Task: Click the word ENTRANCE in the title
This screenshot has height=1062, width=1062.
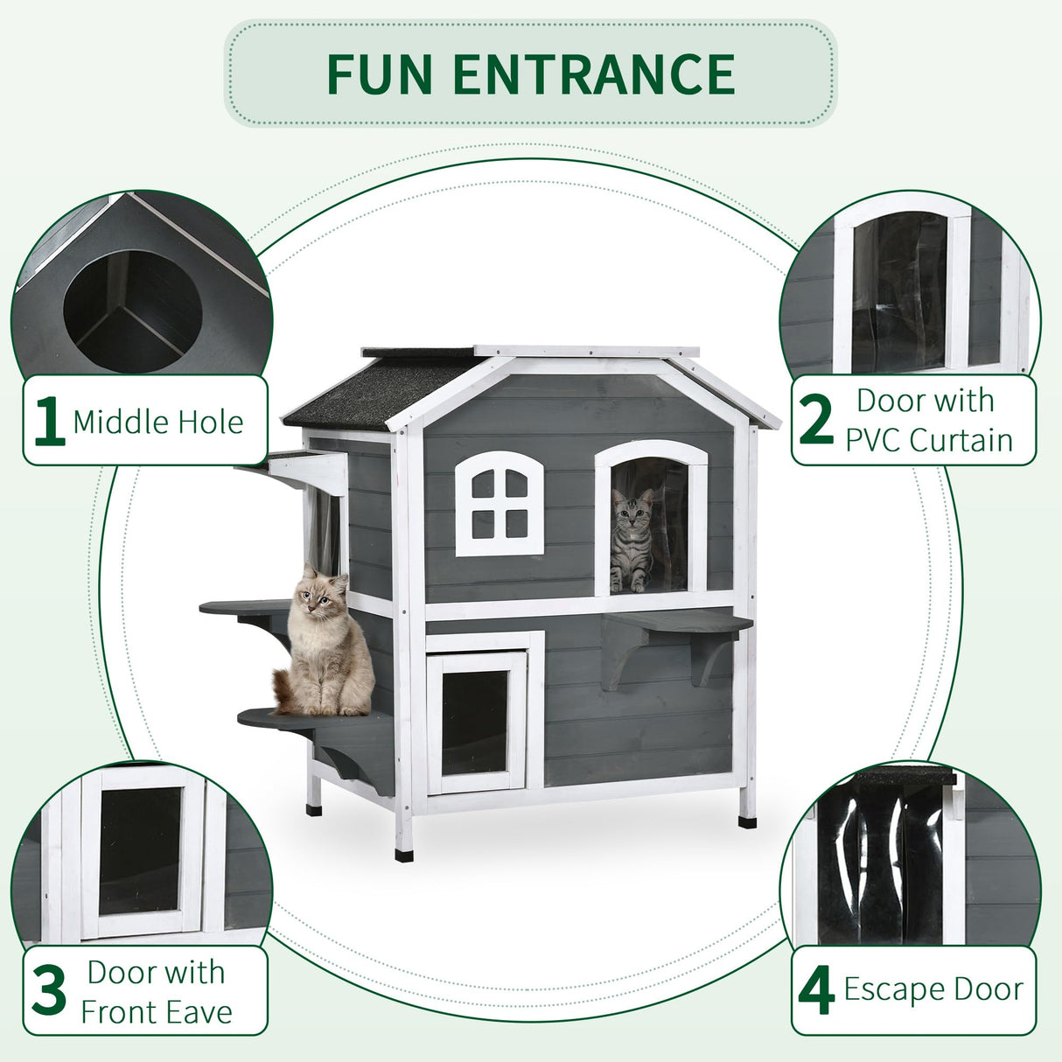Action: coord(594,74)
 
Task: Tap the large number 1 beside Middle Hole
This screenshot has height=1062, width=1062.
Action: coord(48,422)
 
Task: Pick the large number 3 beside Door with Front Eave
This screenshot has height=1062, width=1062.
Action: coord(49,991)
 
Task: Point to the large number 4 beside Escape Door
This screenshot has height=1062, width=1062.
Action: coord(816,991)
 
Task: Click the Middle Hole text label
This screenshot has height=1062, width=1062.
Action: coord(158,422)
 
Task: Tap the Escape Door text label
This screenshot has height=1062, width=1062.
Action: coord(933,989)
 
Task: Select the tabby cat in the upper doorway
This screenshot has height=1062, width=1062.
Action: coord(632,541)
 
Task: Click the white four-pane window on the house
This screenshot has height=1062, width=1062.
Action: coord(500,504)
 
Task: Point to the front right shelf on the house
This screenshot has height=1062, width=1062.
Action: coord(677,623)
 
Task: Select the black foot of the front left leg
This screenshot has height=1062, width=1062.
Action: coord(403,854)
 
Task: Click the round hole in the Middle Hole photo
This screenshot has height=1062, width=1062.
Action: coord(133,311)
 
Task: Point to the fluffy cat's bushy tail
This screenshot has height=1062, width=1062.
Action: coord(283,691)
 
